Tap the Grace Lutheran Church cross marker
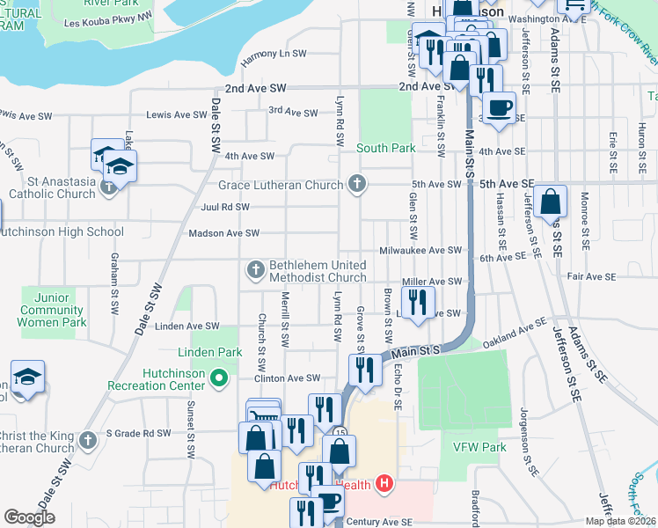[356, 184]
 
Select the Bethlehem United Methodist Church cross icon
[256, 268]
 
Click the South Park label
[385, 148]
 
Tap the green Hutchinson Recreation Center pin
[221, 379]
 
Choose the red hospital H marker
[383, 483]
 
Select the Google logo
[29, 517]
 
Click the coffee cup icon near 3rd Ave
[500, 108]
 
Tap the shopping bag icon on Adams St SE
[550, 202]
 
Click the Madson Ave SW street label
[224, 233]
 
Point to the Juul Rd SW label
[225, 208]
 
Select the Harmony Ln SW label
[274, 54]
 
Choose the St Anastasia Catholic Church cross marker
[108, 186]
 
